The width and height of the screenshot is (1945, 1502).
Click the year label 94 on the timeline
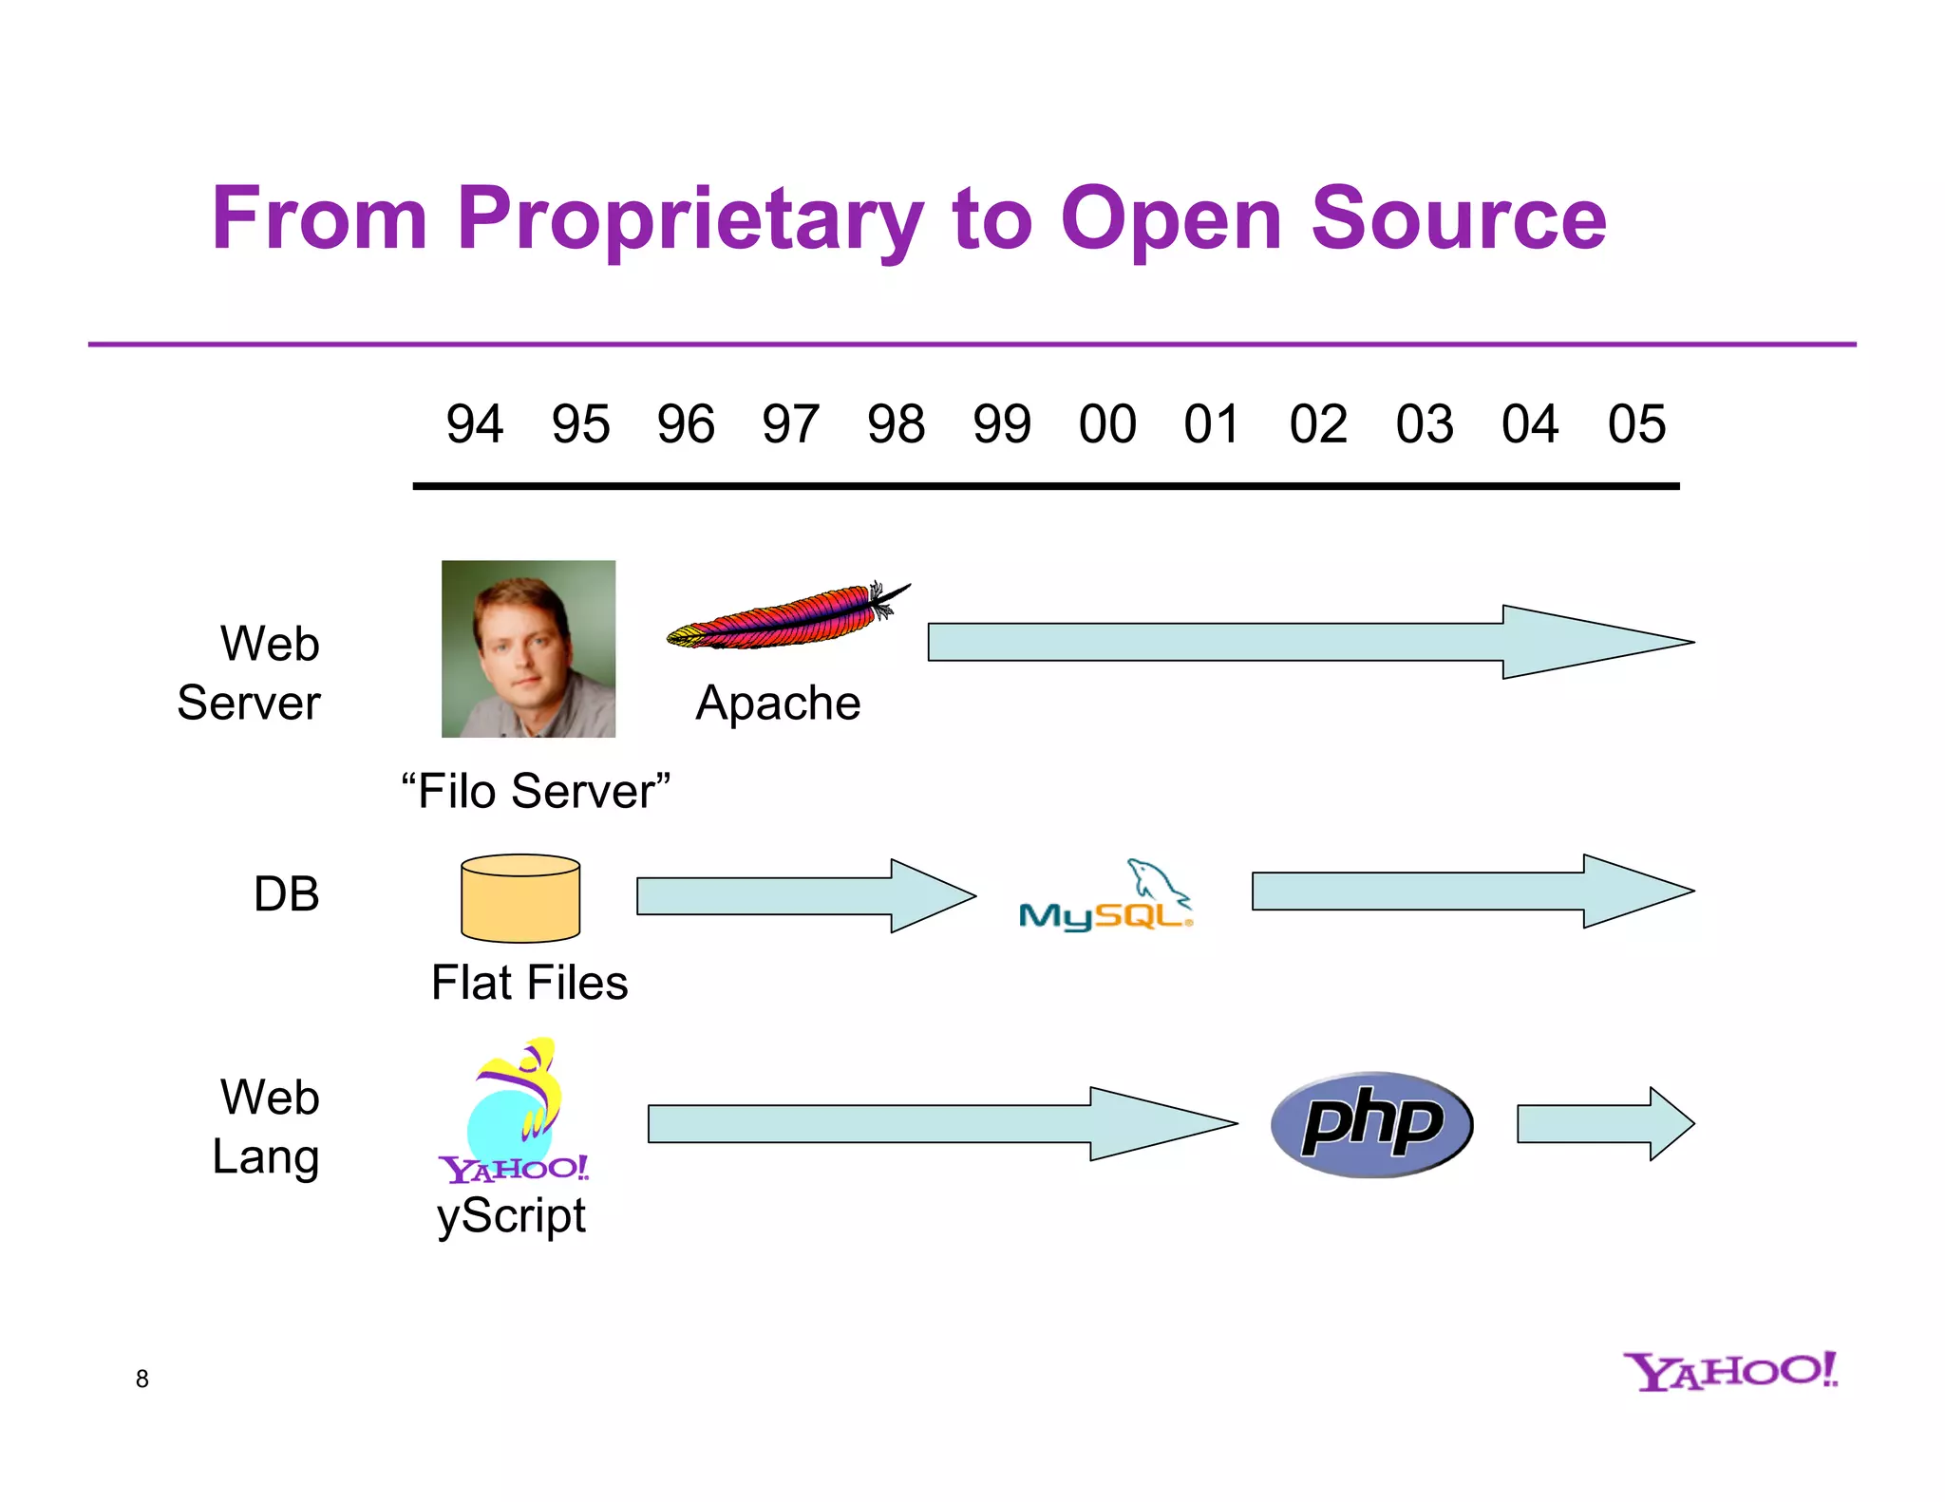(x=474, y=423)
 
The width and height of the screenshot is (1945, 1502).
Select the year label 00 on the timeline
(x=1106, y=423)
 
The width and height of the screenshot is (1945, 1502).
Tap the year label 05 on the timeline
(x=1635, y=423)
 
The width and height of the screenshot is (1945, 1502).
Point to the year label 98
(x=896, y=423)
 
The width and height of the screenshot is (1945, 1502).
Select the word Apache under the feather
(x=778, y=704)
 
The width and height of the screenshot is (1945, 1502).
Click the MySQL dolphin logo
(x=1105, y=898)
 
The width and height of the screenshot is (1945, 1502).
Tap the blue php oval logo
(x=1371, y=1124)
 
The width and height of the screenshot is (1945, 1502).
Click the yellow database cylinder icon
(x=519, y=898)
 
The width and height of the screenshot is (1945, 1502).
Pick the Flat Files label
(x=529, y=983)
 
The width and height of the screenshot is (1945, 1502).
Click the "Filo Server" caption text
(x=536, y=791)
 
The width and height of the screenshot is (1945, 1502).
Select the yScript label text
(x=511, y=1216)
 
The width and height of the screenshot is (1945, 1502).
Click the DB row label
(x=286, y=894)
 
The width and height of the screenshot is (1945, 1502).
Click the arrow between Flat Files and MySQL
(x=803, y=895)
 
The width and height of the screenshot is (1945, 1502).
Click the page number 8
(x=142, y=1379)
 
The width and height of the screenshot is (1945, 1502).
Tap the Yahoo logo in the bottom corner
(x=1729, y=1372)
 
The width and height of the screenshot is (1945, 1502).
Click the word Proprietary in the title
(x=689, y=219)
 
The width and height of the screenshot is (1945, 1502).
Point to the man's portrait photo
(x=528, y=648)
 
